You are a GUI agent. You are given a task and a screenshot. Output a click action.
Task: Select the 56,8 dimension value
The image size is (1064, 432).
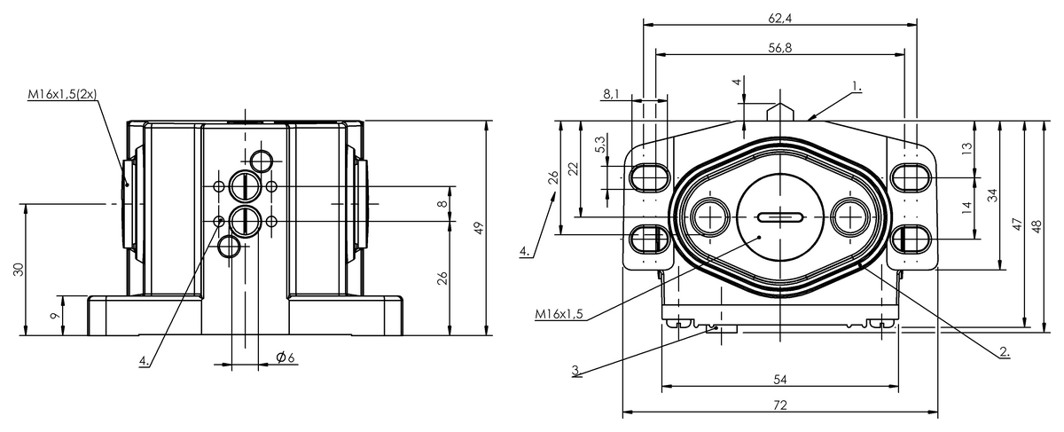click(x=780, y=48)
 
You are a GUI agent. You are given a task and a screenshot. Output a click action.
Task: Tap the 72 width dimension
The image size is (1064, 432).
click(x=780, y=405)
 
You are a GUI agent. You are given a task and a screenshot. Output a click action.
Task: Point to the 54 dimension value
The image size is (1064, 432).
click(x=780, y=379)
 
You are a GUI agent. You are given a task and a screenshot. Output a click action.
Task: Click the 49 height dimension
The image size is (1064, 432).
click(x=478, y=228)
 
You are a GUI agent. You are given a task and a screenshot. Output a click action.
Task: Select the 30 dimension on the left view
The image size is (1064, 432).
click(x=17, y=270)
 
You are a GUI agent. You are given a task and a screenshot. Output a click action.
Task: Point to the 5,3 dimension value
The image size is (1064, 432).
click(x=600, y=145)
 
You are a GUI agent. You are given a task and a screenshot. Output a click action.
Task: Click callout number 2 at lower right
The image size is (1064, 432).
click(x=1004, y=351)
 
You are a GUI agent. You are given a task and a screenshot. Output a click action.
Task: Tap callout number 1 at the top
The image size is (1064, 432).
click(x=857, y=86)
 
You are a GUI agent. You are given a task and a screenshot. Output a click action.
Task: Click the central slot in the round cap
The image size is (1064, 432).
click(x=780, y=216)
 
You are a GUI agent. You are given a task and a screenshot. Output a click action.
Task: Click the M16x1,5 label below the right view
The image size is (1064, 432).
click(x=562, y=313)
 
